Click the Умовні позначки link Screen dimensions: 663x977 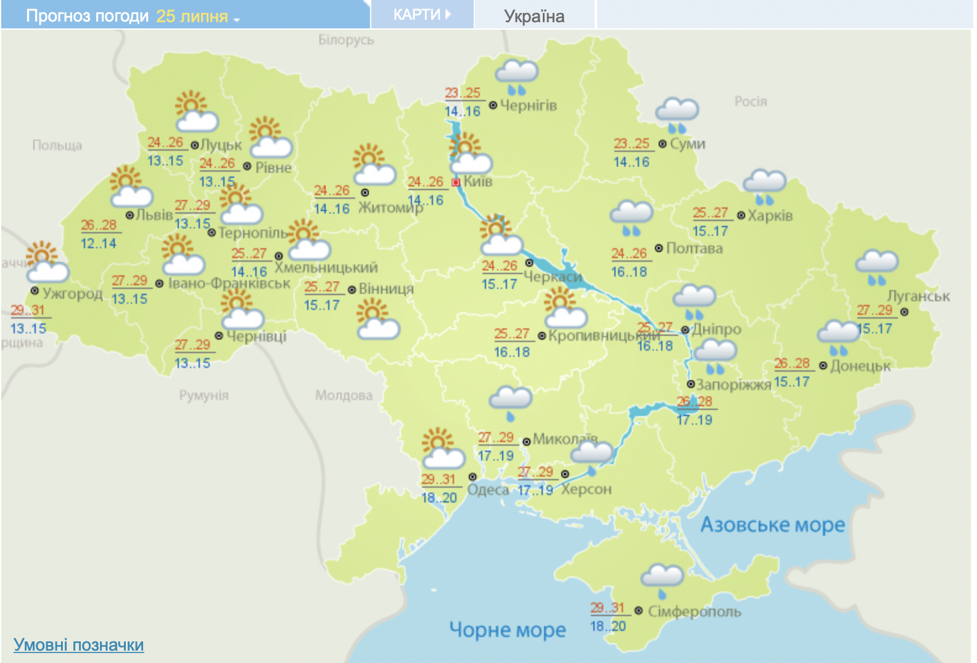click(x=78, y=645)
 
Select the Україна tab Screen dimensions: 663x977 click(x=534, y=16)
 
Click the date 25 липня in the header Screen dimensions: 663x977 click(x=192, y=16)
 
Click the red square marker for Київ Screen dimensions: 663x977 click(x=456, y=182)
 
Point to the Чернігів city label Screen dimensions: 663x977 click(x=528, y=106)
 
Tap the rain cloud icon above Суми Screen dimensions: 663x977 click(x=677, y=115)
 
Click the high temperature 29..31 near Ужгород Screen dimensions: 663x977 click(x=28, y=311)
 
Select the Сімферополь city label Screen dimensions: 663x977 click(x=695, y=612)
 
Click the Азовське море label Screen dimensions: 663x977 click(x=772, y=525)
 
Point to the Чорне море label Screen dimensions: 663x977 click(x=507, y=630)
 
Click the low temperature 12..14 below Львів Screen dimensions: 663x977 click(x=98, y=243)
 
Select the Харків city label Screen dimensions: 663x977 click(x=770, y=216)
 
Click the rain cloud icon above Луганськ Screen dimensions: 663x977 click(x=876, y=267)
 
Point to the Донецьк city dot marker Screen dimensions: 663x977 click(x=823, y=366)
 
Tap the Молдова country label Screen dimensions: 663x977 click(x=344, y=395)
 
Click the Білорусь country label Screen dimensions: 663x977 click(x=346, y=40)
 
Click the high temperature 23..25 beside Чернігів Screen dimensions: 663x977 click(x=463, y=93)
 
